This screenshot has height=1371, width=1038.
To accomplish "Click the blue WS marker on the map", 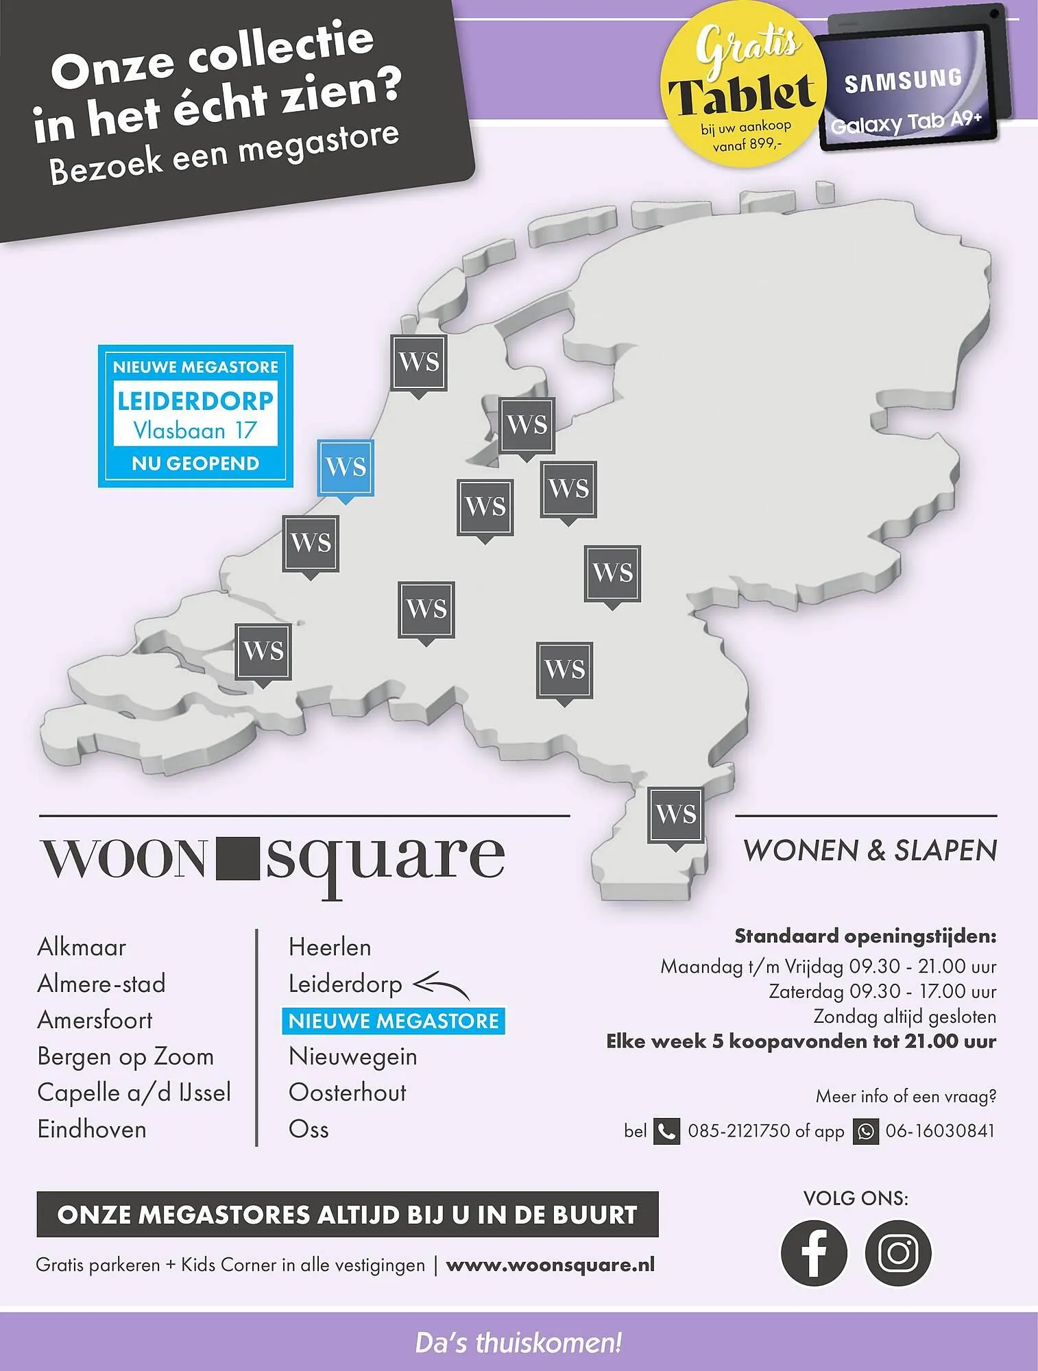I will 346,468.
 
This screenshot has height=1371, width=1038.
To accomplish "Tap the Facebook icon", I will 814,1252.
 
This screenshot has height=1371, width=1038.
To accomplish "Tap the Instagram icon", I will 898,1252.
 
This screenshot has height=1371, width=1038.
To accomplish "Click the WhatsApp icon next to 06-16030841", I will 865,1131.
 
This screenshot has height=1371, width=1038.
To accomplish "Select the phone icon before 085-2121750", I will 666,1131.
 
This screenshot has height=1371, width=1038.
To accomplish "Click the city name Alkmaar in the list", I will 82,947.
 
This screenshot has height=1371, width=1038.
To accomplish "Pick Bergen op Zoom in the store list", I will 125,1056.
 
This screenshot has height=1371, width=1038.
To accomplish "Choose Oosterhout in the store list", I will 347,1093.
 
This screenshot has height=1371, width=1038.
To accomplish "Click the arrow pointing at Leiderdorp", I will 442,986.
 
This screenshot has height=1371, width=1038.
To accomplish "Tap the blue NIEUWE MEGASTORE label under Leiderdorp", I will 394,1021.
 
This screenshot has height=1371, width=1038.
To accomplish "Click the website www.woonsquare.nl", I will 550,1265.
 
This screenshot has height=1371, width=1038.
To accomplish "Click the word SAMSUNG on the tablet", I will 903,81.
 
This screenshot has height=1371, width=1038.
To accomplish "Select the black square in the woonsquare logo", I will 238,858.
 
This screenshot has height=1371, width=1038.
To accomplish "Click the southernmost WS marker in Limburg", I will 675,816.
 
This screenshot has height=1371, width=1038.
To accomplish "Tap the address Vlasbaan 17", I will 195,430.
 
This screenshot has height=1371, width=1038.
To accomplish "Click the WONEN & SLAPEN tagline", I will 870,851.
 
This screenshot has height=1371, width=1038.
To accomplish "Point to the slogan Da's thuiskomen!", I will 518,1342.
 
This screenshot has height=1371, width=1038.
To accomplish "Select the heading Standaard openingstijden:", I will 865,936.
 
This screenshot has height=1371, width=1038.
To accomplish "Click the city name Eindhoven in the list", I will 92,1129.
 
